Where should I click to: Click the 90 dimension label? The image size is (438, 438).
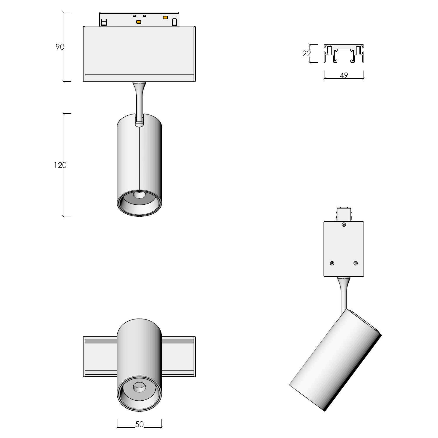click(x=60, y=47)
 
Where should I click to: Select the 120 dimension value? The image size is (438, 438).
click(x=60, y=165)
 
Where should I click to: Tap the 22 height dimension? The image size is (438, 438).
click(x=306, y=54)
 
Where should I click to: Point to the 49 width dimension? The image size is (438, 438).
click(x=344, y=75)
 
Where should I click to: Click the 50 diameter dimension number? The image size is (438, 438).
click(x=139, y=424)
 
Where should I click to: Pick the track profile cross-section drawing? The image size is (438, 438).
click(x=344, y=54)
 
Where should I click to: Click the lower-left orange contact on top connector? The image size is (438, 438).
click(x=139, y=22)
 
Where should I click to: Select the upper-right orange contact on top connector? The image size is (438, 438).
click(x=165, y=18)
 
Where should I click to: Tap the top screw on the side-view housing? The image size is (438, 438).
click(x=344, y=225)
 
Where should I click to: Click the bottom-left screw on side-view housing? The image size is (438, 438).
click(x=332, y=263)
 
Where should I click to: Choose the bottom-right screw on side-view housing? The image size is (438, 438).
click(x=355, y=263)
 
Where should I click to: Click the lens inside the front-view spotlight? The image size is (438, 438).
click(x=139, y=195)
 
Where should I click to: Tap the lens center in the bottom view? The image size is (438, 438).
click(x=139, y=387)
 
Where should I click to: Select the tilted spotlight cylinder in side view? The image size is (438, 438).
click(x=335, y=360)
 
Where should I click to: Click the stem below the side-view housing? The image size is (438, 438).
click(x=344, y=293)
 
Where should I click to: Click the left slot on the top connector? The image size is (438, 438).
click(x=104, y=22)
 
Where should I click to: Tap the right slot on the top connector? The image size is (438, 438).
click(x=175, y=22)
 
